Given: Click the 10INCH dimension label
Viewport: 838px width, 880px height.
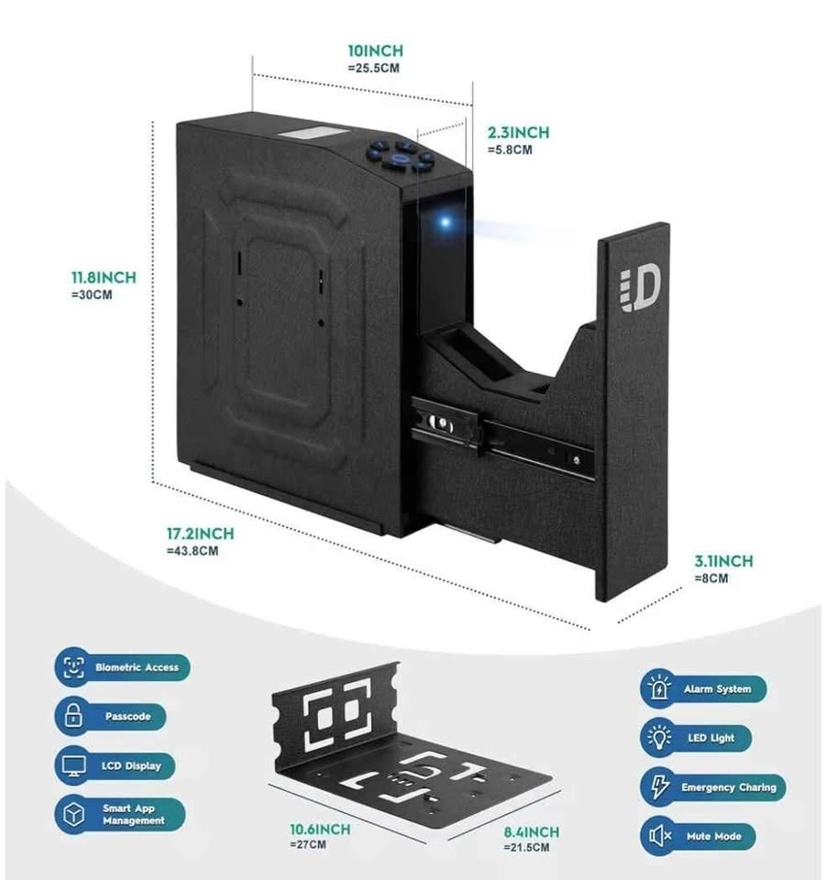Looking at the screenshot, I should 375,51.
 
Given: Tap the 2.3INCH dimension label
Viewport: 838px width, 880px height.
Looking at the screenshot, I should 518,133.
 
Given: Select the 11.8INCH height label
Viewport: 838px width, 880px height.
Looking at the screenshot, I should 104,278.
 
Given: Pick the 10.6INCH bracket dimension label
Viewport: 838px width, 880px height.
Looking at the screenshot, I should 320,830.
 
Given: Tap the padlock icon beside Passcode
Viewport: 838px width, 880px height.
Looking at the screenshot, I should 72,716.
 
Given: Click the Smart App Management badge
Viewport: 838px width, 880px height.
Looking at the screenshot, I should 119,815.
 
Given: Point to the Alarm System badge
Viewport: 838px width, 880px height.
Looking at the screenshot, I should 702,688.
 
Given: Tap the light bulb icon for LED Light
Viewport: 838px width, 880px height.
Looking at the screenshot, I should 658,738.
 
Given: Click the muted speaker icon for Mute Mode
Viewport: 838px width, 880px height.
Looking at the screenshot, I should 658,836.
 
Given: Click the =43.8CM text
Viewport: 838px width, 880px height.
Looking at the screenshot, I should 193,551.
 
